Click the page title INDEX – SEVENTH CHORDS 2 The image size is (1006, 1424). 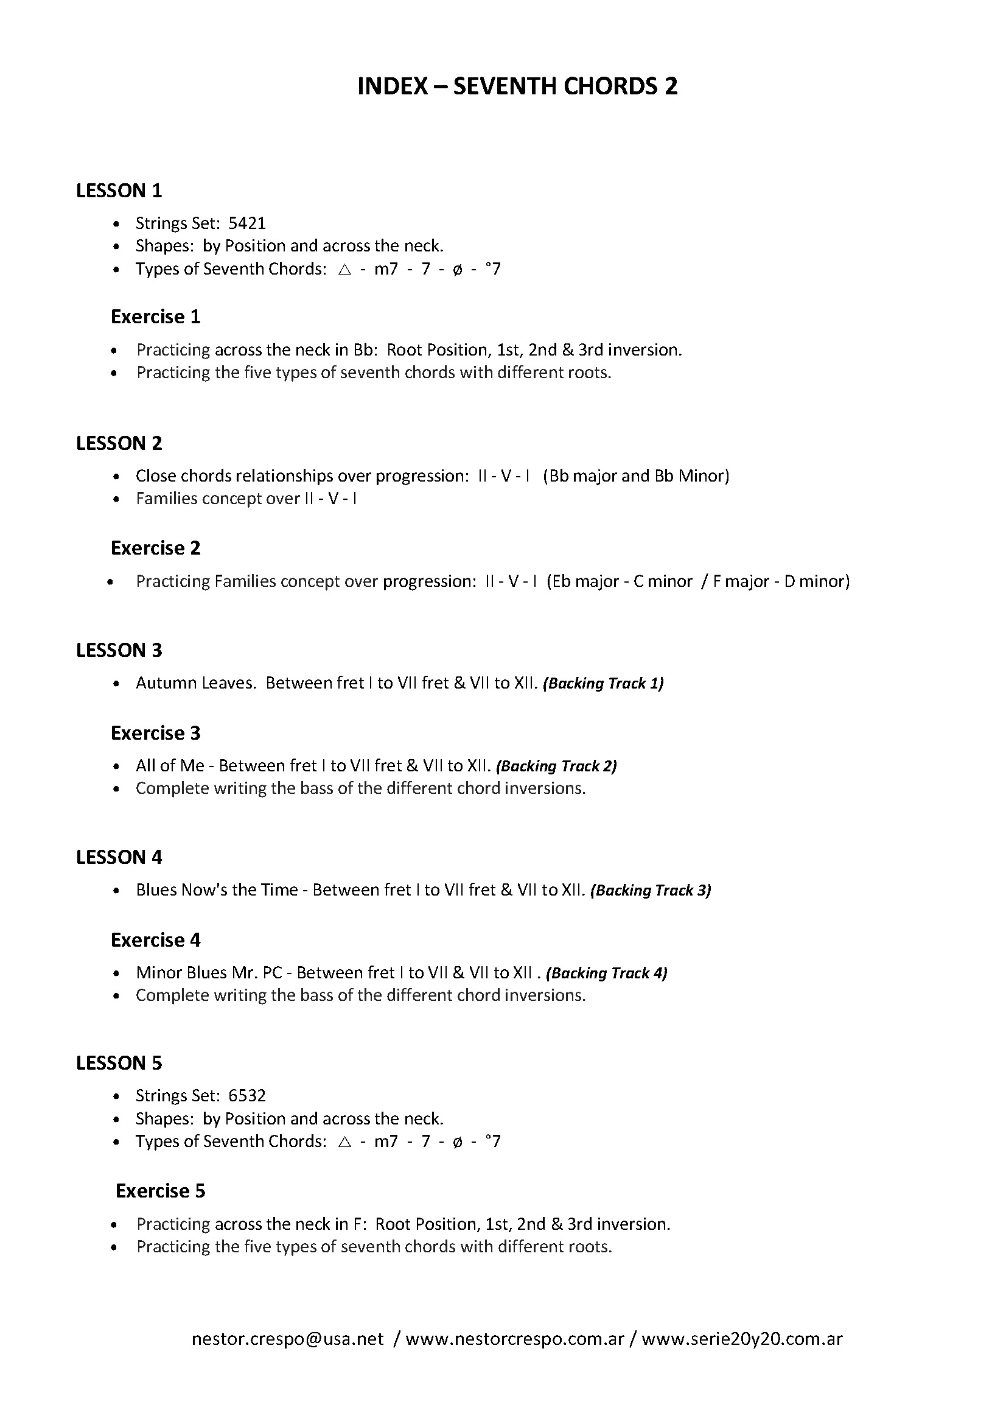[517, 86]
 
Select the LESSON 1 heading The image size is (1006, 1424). [119, 191]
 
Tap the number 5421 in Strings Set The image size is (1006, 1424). [246, 223]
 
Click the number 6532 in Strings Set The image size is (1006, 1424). [246, 1096]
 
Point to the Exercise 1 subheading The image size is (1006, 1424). [156, 317]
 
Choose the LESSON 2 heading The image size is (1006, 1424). [119, 443]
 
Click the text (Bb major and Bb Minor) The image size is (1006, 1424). [635, 476]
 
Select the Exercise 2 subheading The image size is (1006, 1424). [156, 549]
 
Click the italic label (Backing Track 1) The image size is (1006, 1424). [603, 684]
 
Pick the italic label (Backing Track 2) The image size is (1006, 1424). [556, 766]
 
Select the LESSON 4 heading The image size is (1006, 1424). [119, 857]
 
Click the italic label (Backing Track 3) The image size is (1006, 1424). [650, 891]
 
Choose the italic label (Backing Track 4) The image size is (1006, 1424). [606, 973]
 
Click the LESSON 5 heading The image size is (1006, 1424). [119, 1063]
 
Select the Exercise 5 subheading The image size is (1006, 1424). [160, 1191]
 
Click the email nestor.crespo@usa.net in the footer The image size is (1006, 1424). [288, 1339]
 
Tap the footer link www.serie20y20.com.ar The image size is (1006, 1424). [742, 1339]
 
